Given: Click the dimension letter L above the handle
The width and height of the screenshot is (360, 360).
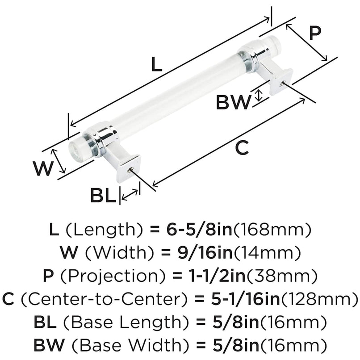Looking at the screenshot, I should tap(155, 65).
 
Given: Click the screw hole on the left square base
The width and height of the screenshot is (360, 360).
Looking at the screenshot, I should tap(130, 169).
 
